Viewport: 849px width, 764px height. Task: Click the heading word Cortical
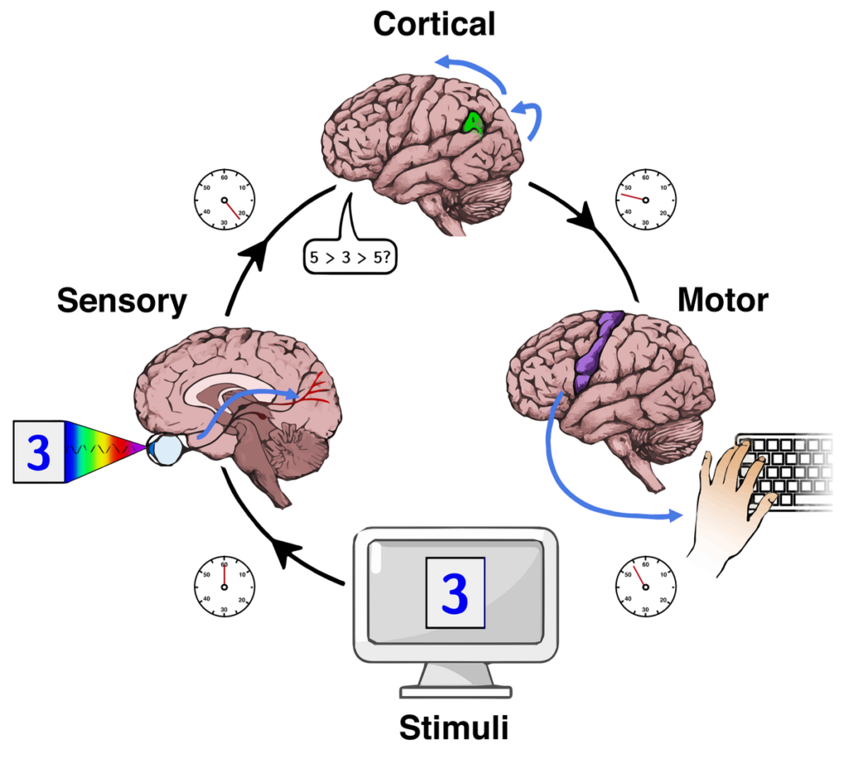[434, 23]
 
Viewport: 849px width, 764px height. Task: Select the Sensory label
[122, 302]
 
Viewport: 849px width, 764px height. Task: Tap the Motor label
[722, 300]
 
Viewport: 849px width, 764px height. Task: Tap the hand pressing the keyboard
[730, 498]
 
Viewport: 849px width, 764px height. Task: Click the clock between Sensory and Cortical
[224, 200]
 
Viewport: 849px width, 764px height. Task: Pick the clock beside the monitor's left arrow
[224, 586]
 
